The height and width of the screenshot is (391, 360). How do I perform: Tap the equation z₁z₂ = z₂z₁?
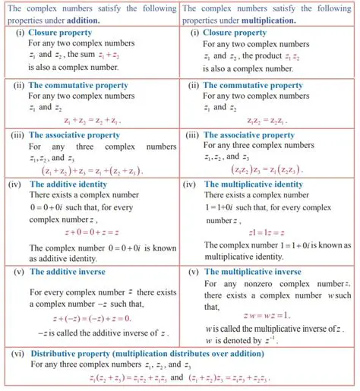pos(268,120)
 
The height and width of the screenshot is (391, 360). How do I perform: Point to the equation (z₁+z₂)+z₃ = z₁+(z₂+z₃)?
pos(92,172)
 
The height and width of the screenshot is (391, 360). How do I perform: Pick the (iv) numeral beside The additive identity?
pos(14,184)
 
